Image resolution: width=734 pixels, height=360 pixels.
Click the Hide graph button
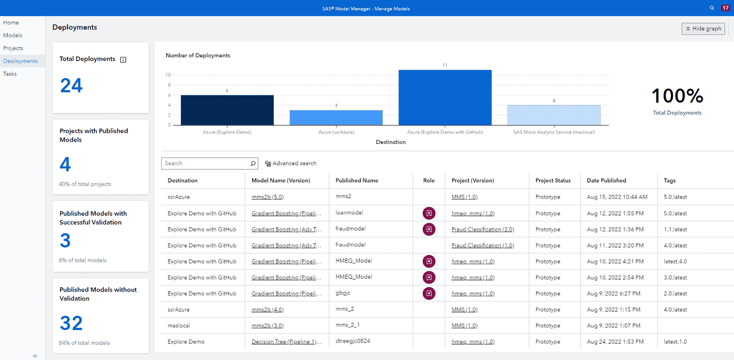[703, 29]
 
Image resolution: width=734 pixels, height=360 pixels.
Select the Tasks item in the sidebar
[10, 74]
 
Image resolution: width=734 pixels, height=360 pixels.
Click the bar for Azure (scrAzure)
[336, 118]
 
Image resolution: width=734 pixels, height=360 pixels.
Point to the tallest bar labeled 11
[445, 97]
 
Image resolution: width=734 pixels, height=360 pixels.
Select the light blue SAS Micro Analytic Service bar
[554, 115]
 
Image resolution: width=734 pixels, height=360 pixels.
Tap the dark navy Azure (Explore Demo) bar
[227, 110]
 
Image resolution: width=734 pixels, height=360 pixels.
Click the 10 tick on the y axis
[168, 75]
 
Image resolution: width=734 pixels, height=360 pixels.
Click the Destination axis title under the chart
[390, 142]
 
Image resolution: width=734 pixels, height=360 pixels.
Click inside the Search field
[205, 163]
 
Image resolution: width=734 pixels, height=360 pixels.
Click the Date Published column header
[606, 180]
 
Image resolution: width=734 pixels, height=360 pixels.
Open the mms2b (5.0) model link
[268, 197]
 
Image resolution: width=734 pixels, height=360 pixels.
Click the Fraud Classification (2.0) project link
[483, 230]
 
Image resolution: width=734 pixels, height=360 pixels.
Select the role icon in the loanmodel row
[429, 213]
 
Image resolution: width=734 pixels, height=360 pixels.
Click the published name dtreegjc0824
[353, 341]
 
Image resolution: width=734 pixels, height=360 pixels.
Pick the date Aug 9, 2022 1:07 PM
[613, 326]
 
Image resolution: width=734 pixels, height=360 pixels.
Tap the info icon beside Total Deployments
[123, 59]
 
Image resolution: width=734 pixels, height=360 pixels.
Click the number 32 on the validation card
[71, 323]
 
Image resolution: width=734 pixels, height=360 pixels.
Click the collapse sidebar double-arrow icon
[35, 356]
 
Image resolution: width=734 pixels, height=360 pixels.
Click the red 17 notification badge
[725, 8]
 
